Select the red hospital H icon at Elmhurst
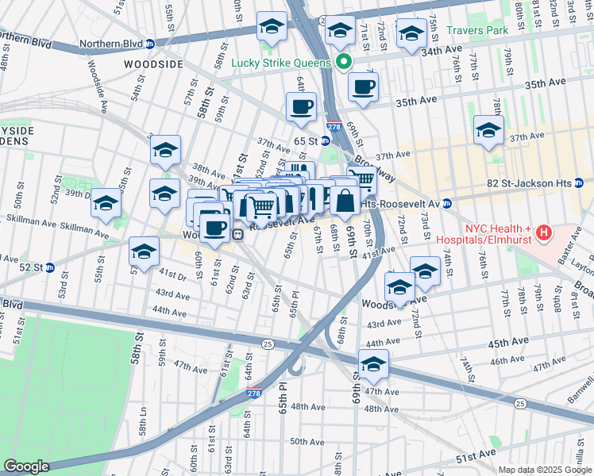(544, 233)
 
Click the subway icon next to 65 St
(325, 140)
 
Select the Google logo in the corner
(26, 466)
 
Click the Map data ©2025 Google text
(545, 470)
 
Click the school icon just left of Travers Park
(411, 34)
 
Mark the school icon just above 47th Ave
(372, 365)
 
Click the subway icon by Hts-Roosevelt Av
(447, 204)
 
